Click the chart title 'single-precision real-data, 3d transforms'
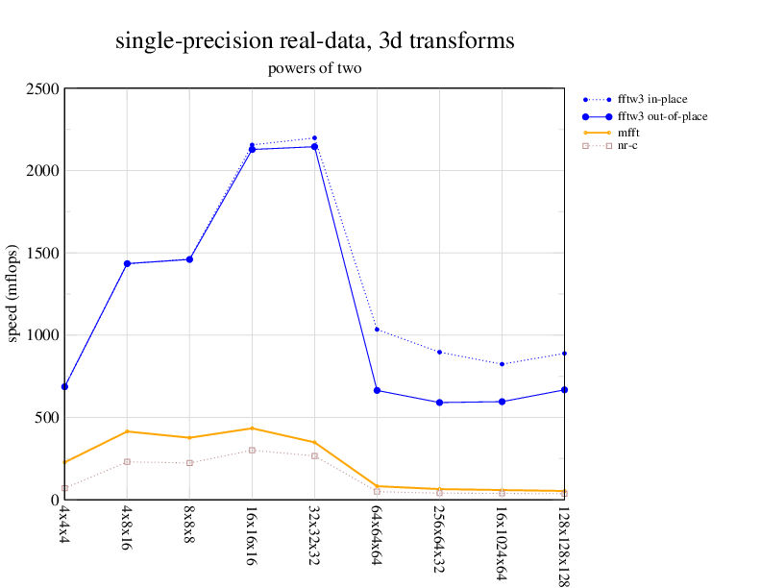(x=314, y=41)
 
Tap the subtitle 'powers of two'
(x=314, y=69)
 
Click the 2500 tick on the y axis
(x=41, y=89)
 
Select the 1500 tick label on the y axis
(x=41, y=254)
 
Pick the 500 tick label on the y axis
(x=45, y=418)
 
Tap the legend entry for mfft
(x=630, y=131)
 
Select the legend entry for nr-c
(x=627, y=146)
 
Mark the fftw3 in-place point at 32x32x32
(x=314, y=138)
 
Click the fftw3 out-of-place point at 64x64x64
(x=377, y=390)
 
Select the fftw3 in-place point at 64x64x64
(x=377, y=330)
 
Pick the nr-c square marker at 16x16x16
(x=252, y=451)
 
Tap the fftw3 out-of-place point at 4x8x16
(x=127, y=263)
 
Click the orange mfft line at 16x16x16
(x=252, y=429)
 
